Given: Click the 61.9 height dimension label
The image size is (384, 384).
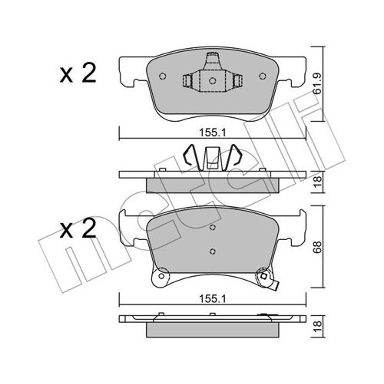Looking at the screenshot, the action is [x=318, y=84].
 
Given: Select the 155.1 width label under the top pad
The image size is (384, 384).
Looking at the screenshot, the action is [x=212, y=133].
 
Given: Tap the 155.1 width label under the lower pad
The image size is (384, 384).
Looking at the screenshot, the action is [x=212, y=299].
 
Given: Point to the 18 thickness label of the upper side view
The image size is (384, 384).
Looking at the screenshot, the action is [x=318, y=182].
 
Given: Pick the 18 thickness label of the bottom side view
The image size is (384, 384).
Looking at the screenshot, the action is [x=318, y=326].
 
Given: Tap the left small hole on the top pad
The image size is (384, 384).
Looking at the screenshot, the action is [x=162, y=76].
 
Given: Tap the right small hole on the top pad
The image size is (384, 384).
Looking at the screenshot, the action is [x=262, y=76].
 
